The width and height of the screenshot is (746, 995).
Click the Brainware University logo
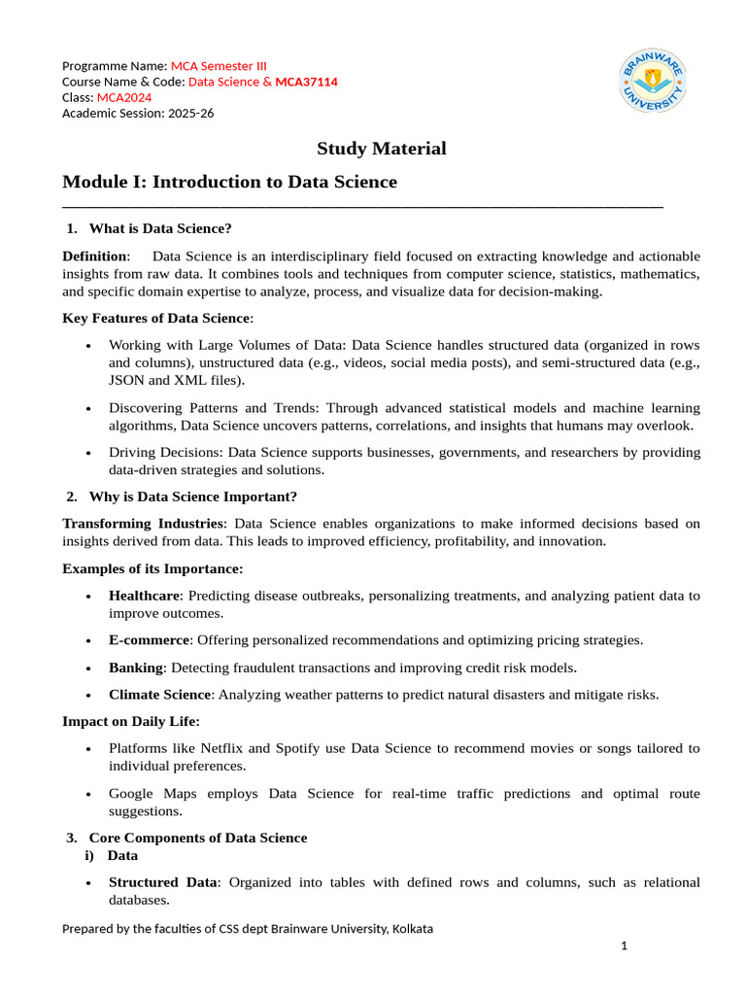653,82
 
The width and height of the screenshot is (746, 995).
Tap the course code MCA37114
306,82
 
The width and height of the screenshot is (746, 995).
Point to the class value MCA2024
123,97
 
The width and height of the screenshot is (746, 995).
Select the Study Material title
382,149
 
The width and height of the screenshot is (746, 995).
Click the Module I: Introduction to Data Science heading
229,182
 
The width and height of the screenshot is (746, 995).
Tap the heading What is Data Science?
160,228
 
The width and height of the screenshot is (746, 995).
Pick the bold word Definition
94,257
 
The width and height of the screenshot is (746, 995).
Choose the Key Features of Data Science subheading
157,318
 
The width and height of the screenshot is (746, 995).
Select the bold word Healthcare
144,596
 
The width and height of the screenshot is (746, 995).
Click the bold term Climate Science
159,695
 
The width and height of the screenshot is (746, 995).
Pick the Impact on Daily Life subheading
131,722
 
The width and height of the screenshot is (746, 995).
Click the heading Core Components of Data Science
198,838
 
